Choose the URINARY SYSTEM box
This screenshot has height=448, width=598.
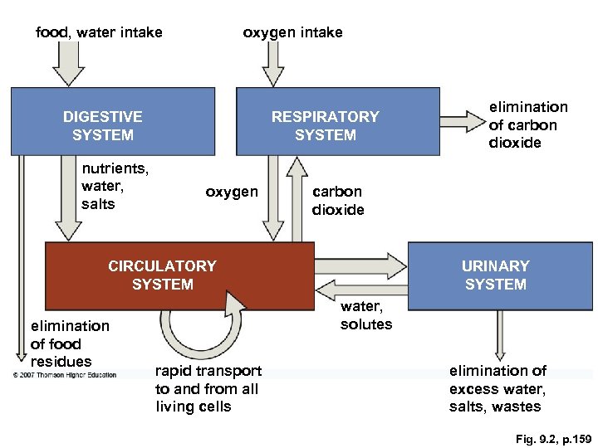[x=499, y=275]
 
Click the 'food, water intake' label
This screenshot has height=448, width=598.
[x=99, y=32]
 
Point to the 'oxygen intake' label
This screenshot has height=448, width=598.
[x=292, y=32]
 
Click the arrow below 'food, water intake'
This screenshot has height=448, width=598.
[x=68, y=63]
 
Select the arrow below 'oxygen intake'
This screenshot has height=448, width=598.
[x=272, y=63]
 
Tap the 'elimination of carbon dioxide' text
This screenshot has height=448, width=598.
[x=528, y=124]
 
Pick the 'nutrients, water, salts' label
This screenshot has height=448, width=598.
[x=115, y=186]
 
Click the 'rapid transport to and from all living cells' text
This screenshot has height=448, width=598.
[x=208, y=388]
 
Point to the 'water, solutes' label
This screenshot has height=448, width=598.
[x=365, y=316]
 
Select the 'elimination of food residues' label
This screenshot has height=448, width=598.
[x=70, y=343]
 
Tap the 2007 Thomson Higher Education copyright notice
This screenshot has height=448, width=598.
[x=65, y=374]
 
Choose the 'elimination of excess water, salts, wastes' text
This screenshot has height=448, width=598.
[x=498, y=388]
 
